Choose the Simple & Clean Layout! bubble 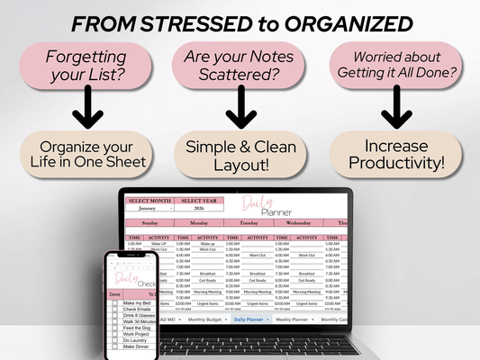point(240,154)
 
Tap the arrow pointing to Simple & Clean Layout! point(240,110)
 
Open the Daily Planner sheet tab point(249,319)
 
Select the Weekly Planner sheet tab point(296,319)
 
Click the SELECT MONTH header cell point(149,201)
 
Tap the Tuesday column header point(245,221)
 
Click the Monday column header point(197,221)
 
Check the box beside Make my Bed point(114,303)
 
